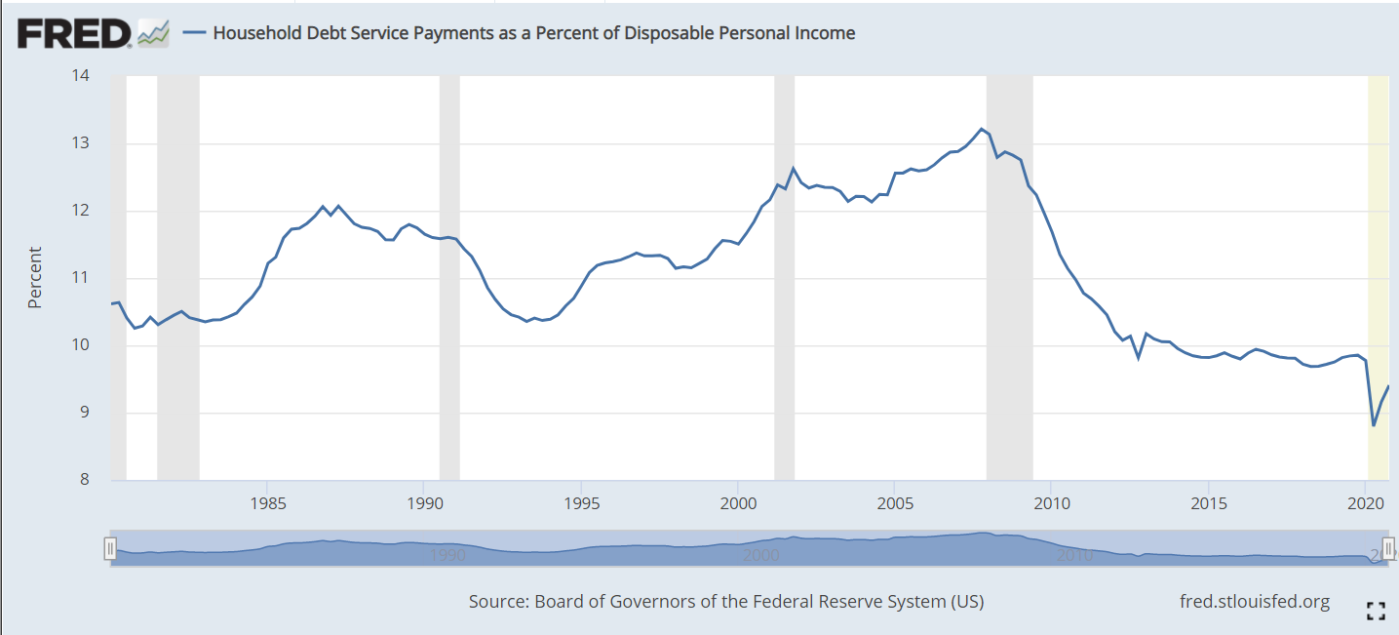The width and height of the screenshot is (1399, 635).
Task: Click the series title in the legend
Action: (533, 33)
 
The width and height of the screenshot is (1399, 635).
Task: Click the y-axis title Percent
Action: (35, 278)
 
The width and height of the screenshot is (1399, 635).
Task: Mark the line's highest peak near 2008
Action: (981, 129)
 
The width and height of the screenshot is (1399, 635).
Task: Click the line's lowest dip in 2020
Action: (1373, 425)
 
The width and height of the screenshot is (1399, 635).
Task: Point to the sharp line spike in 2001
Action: (793, 169)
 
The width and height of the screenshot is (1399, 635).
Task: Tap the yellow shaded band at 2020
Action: (1378, 244)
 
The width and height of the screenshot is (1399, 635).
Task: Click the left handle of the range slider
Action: (110, 549)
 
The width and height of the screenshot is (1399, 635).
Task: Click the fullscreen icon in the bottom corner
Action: (1376, 612)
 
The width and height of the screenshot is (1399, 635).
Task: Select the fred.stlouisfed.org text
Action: (1254, 602)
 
